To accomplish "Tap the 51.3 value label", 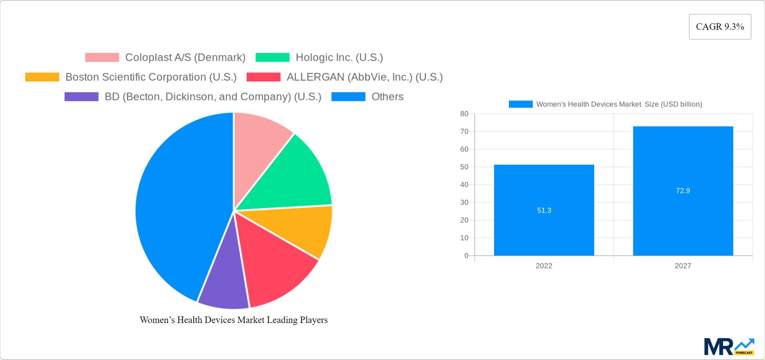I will tap(544, 210).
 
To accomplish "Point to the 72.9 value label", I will tap(683, 191).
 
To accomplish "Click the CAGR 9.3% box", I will tap(720, 27).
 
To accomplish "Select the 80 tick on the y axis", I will tap(464, 114).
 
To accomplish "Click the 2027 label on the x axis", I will tap(683, 266).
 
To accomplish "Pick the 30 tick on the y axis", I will tap(464, 203).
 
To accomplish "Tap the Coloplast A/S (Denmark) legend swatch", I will tap(102, 57).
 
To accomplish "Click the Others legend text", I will tap(387, 97).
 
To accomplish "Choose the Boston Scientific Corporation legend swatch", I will tap(42, 77).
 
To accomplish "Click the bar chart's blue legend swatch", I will tap(520, 104).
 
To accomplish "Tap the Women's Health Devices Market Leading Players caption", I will tap(233, 320).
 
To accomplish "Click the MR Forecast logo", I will tap(729, 347).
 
